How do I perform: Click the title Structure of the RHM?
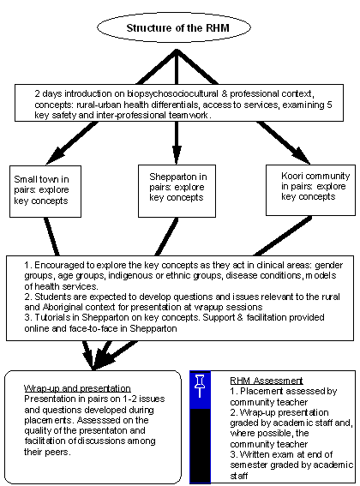177,28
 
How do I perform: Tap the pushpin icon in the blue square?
200,386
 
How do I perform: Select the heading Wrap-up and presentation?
77,388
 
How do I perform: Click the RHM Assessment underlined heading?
267,381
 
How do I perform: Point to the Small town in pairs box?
45,191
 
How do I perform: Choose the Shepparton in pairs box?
177,190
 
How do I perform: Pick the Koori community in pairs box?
310,190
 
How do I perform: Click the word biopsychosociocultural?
172,93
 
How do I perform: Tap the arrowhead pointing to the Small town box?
56,156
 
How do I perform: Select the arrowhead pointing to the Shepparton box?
177,155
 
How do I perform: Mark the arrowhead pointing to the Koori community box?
300,156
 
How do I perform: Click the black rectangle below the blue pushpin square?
200,446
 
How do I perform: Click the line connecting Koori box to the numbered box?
283,237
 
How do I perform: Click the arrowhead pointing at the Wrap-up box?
93,361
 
